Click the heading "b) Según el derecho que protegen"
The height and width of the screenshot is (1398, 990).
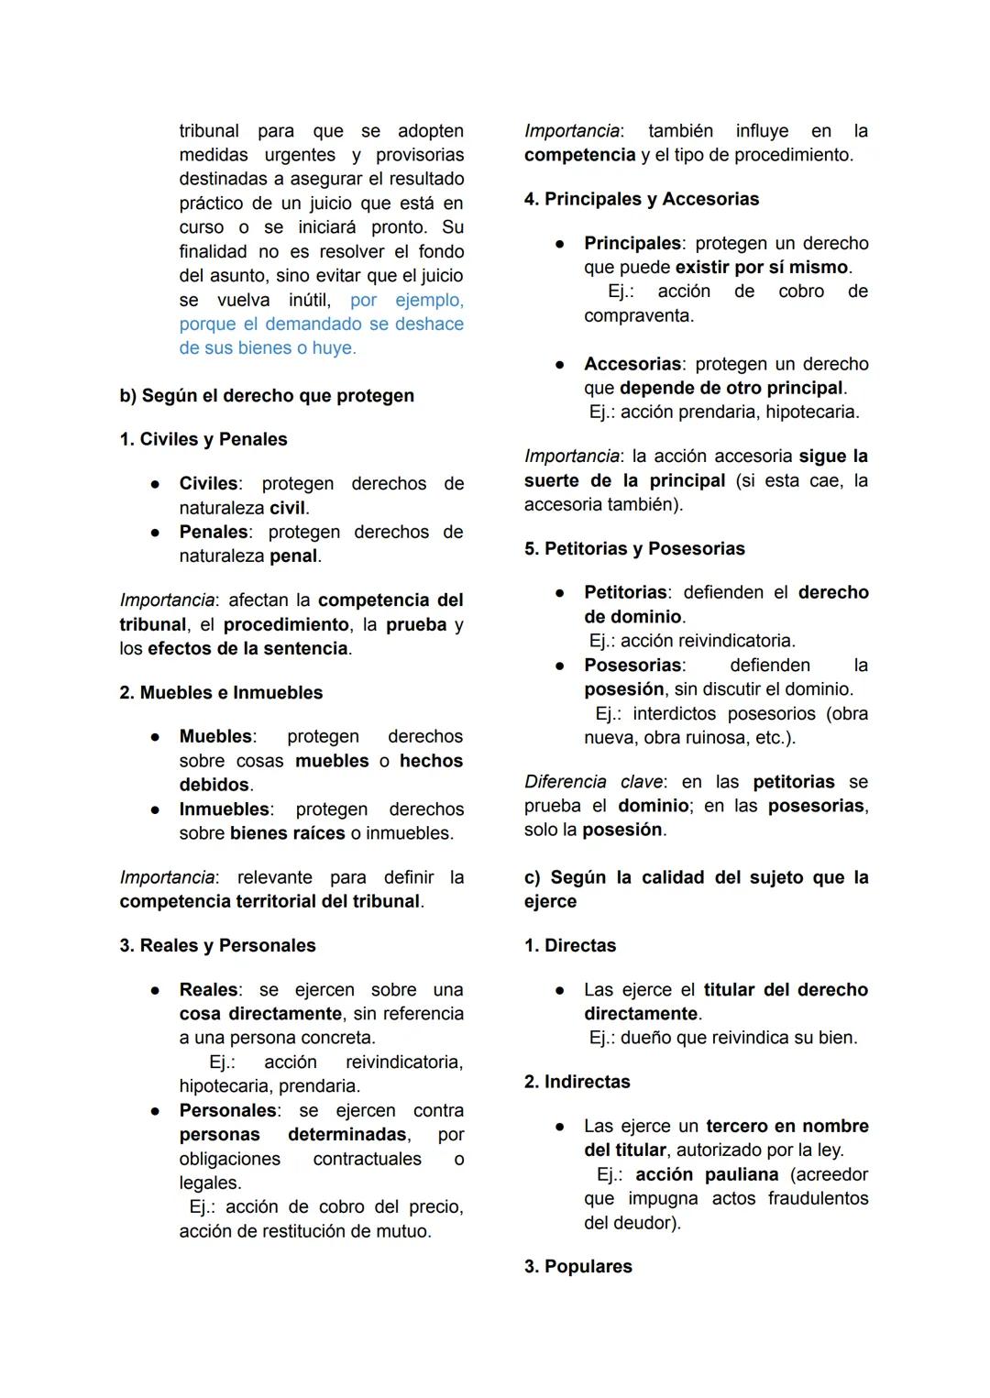(267, 396)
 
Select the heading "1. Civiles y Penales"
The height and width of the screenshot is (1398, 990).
(203, 440)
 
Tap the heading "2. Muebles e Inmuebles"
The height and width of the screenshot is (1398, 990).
(221, 693)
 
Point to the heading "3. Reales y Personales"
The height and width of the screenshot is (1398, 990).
(217, 946)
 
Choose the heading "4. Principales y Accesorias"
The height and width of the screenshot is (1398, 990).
(642, 200)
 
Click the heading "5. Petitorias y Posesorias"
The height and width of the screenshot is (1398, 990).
(634, 549)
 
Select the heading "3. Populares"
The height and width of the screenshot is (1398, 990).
(578, 1267)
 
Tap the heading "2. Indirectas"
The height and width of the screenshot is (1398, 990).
(577, 1083)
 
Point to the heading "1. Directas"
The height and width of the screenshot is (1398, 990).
(570, 946)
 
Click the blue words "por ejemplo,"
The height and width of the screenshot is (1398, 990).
(407, 301)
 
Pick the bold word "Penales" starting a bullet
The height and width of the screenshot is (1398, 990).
(214, 533)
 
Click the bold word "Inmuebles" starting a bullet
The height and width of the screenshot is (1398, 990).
(225, 810)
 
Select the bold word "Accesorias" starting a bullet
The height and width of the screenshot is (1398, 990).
(632, 365)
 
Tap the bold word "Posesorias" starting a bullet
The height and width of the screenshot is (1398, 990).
(632, 666)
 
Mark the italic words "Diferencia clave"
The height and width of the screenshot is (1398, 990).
(594, 783)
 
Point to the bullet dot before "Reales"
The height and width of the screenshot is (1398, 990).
(157, 991)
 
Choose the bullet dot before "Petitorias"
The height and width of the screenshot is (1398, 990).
(559, 593)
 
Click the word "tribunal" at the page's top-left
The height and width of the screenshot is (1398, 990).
(209, 131)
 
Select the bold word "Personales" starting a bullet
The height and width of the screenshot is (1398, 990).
(228, 1111)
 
